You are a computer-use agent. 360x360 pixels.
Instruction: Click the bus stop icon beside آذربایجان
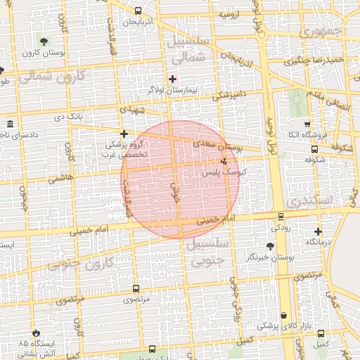pos(138,11)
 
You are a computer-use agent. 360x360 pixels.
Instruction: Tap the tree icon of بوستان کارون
pos(44,40)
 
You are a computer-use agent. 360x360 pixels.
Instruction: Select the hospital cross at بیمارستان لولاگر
pos(172,78)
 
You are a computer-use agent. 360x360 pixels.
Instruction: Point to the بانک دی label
pos(72,115)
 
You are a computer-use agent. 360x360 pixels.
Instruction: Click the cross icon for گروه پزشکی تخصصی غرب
pos(124,133)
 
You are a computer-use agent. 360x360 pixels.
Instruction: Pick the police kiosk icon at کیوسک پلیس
pos(224,162)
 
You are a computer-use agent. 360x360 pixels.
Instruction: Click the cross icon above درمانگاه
pos(318,231)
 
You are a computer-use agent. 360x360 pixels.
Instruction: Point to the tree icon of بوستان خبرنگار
pos(271,245)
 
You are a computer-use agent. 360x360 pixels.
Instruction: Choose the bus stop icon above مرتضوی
pos(136,288)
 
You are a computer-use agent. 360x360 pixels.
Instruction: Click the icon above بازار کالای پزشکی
pos(283,316)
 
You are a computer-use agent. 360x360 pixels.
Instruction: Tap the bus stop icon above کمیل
pos(321,333)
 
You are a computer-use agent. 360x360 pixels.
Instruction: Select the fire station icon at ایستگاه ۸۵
pos(37,333)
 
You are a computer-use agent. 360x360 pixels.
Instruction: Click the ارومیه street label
pos(231,14)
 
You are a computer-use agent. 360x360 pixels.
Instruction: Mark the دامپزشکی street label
pos(231,94)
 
